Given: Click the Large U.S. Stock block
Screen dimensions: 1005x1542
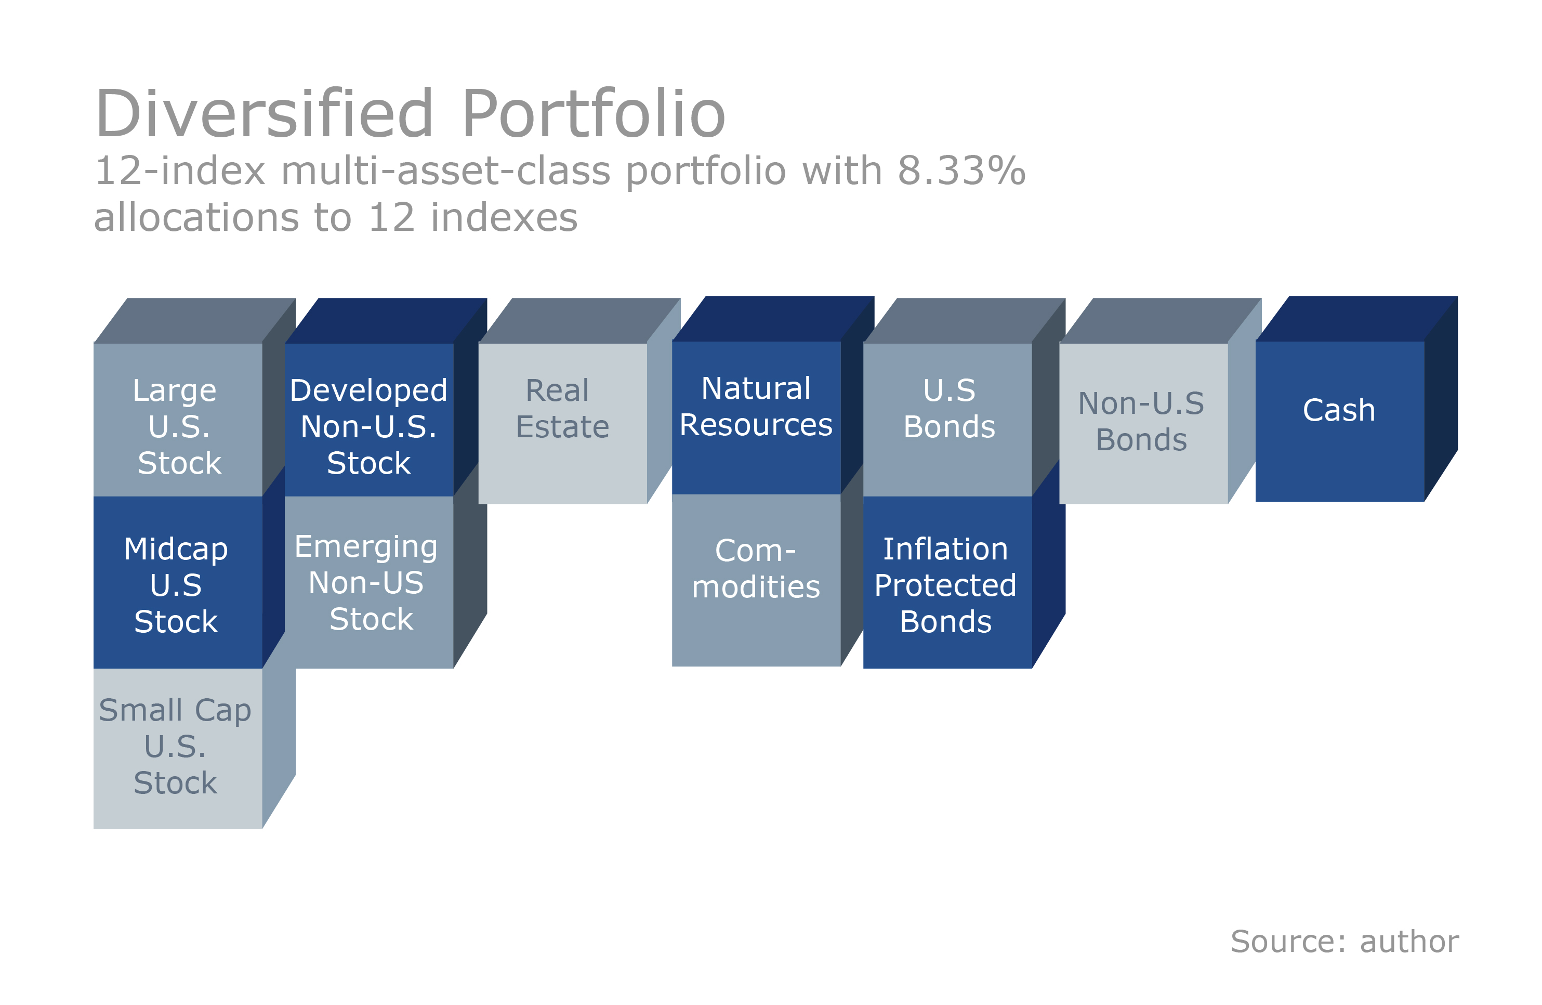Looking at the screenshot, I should [178, 420].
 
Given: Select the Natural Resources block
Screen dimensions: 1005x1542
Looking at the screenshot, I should [756, 418].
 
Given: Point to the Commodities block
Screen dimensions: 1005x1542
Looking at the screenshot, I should [756, 580].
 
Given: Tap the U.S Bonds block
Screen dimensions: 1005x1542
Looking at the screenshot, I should [947, 420].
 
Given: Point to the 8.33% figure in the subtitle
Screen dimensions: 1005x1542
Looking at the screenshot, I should [961, 172].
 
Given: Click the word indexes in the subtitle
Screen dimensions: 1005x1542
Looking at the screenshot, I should [504, 218].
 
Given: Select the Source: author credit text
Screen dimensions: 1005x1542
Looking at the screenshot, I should [1344, 941].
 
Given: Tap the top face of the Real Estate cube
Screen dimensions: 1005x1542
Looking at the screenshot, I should [578, 320].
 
